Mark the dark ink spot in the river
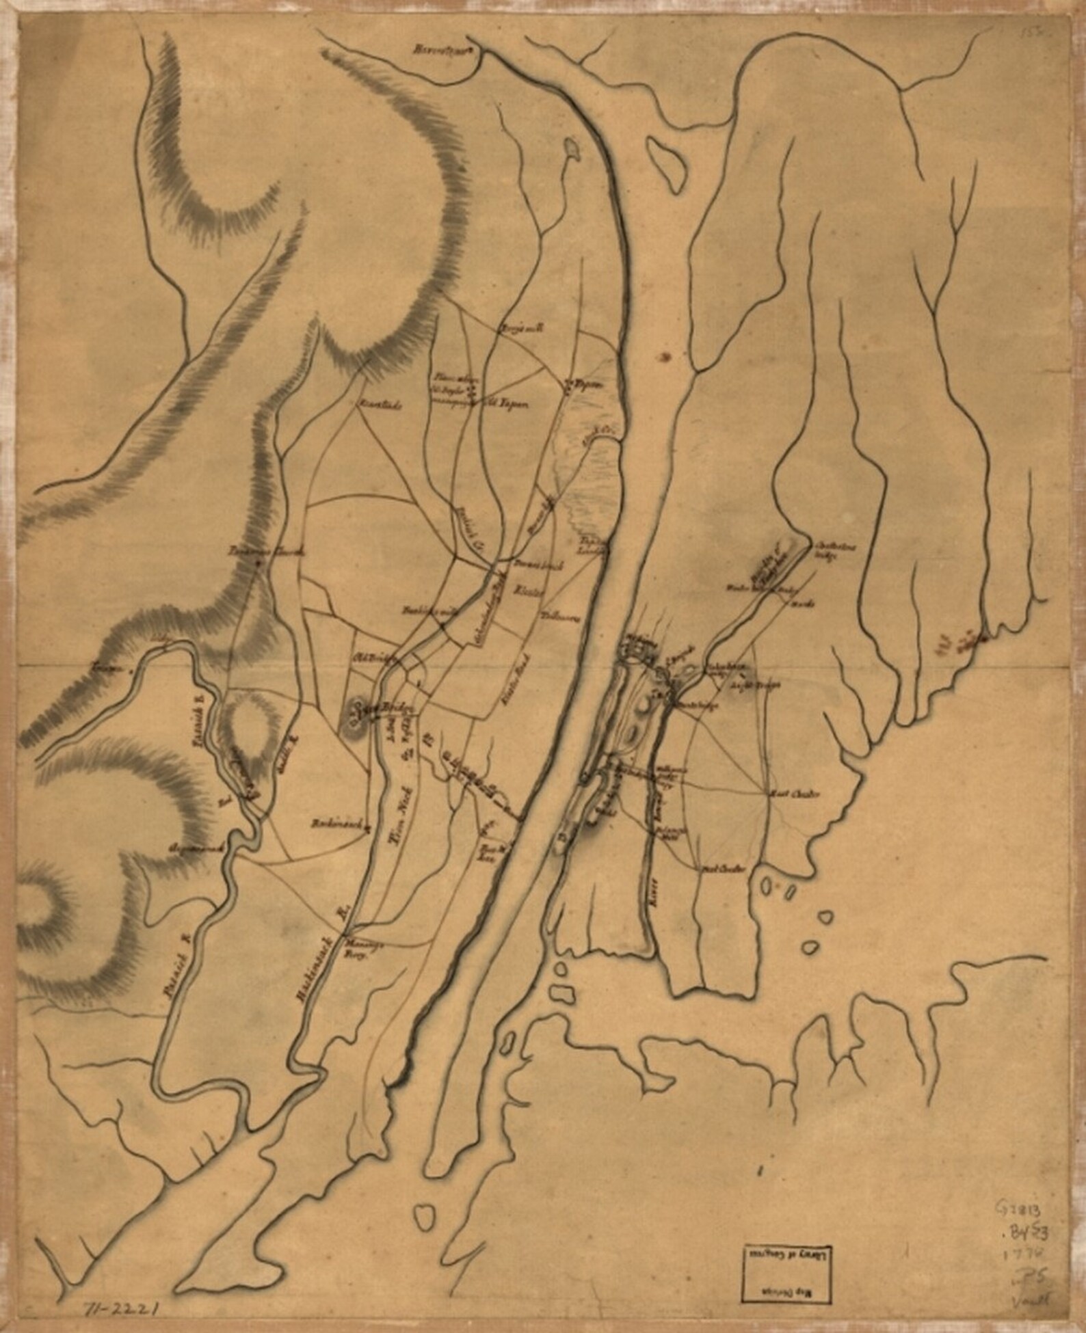(x=665, y=356)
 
